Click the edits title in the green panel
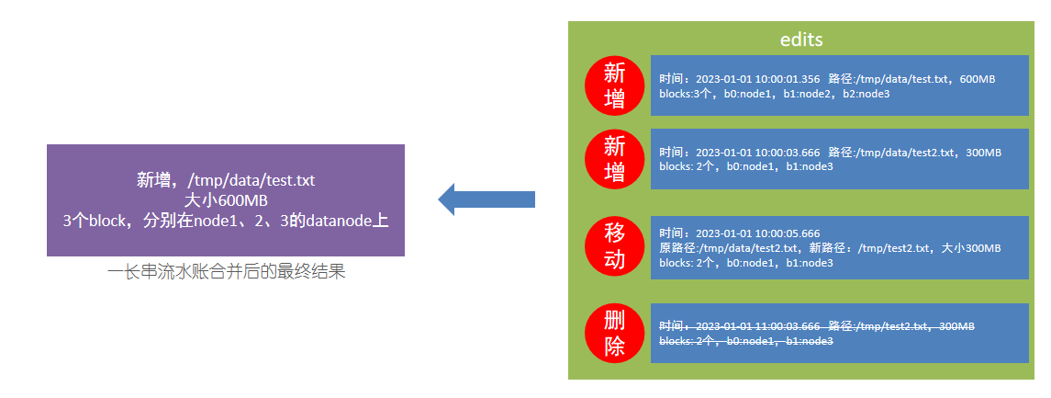click(x=800, y=40)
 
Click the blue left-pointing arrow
click(x=486, y=199)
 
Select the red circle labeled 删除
click(x=615, y=334)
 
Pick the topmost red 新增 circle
click(x=615, y=85)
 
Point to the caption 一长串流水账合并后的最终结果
click(x=226, y=272)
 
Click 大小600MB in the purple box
click(x=226, y=200)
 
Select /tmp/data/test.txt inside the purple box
click(x=251, y=180)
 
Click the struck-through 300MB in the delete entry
click(x=957, y=326)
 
